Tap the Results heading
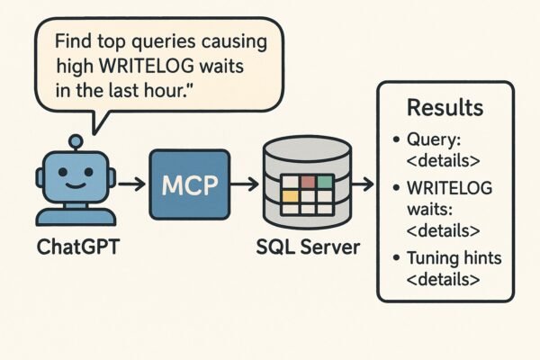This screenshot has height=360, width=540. pyautogui.click(x=445, y=108)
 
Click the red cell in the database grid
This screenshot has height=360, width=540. pyautogui.click(x=309, y=182)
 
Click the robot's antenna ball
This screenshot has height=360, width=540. pyautogui.click(x=76, y=140)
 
